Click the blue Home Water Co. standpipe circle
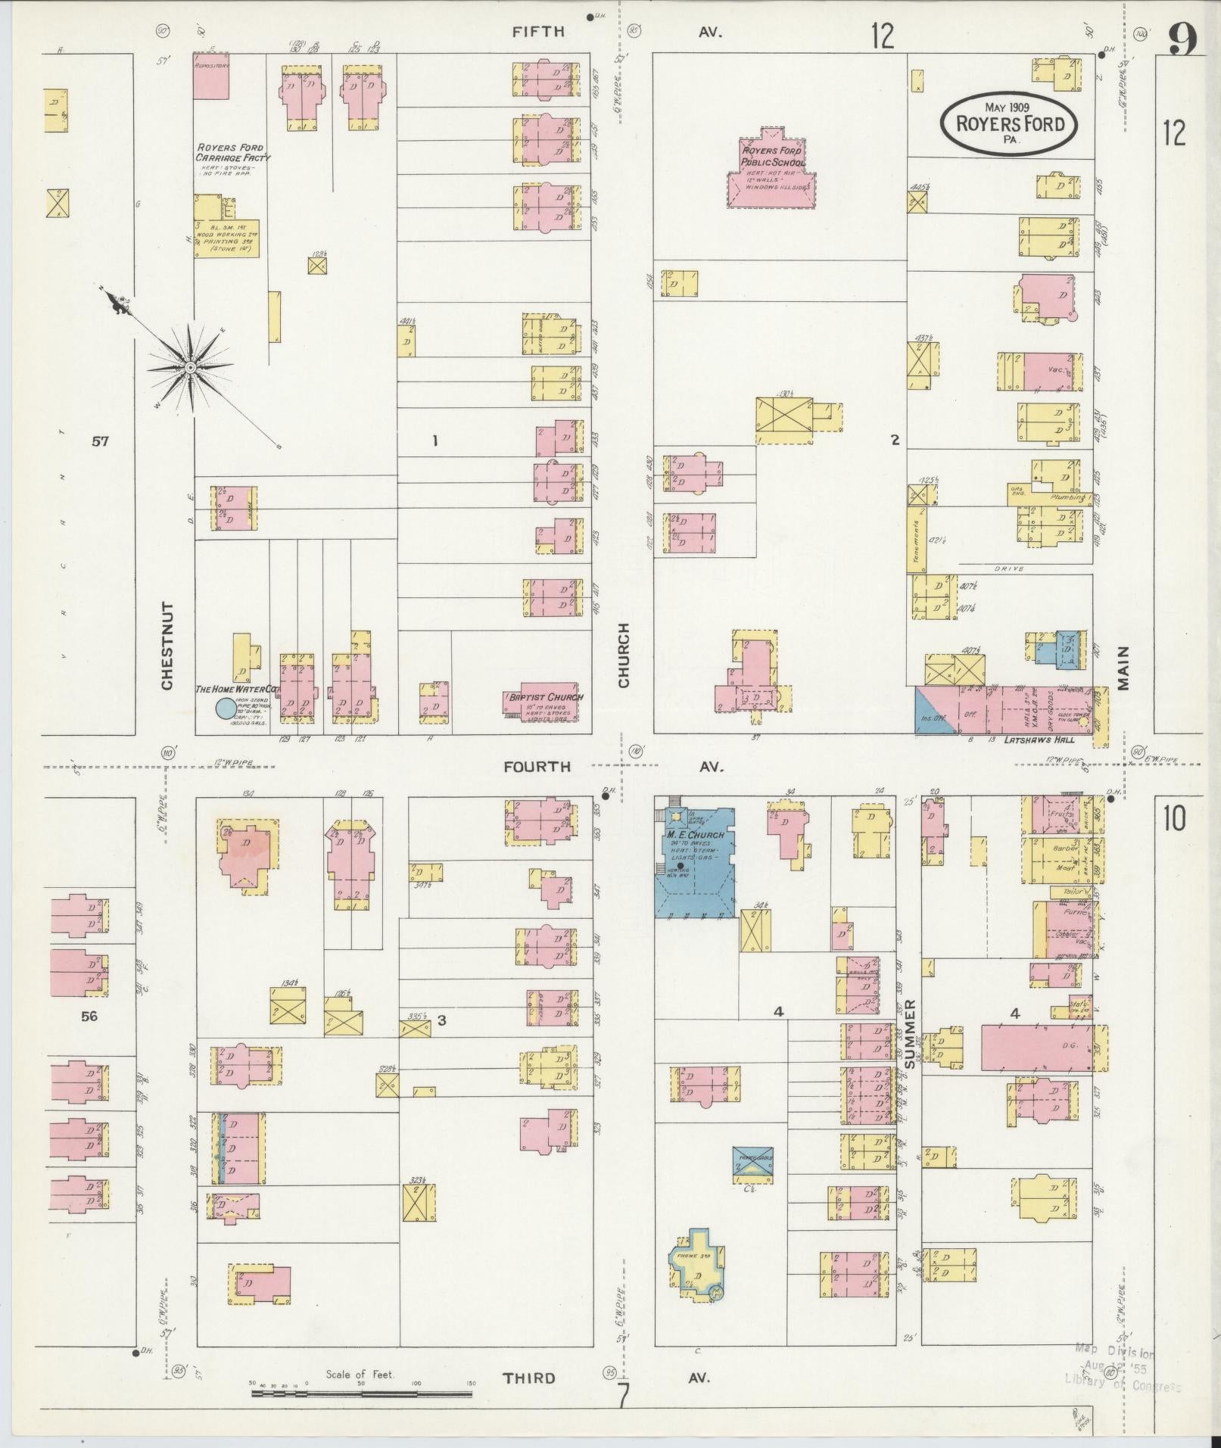pyautogui.click(x=226, y=708)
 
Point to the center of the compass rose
pyautogui.click(x=191, y=367)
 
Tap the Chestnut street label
pyautogui.click(x=167, y=646)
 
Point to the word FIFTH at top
pyautogui.click(x=538, y=31)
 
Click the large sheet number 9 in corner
pyautogui.click(x=1182, y=39)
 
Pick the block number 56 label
pyautogui.click(x=89, y=1016)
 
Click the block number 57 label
pyautogui.click(x=100, y=441)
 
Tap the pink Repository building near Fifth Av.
pyautogui.click(x=211, y=76)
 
